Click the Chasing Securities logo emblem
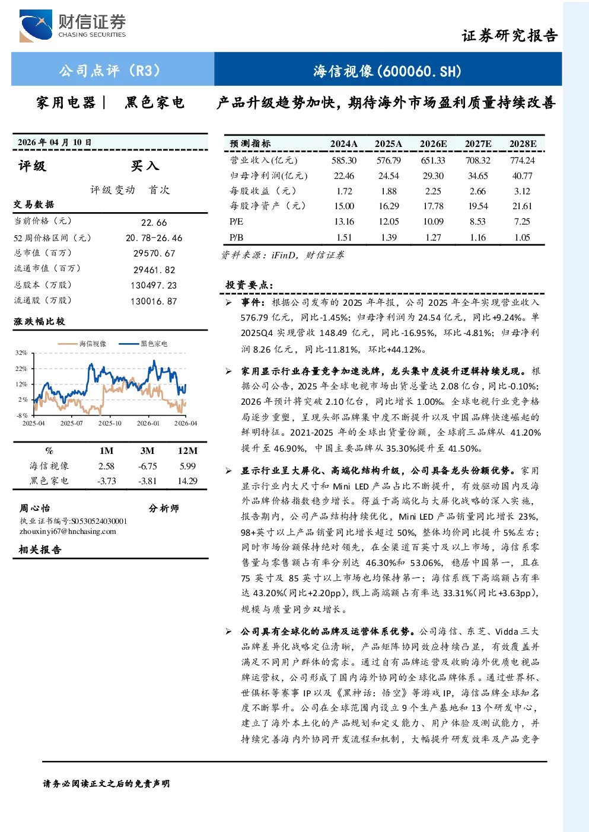point(36,25)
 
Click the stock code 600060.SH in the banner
point(419,71)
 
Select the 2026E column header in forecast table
point(433,144)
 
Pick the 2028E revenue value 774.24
point(522,161)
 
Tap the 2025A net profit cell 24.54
point(389,175)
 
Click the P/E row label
point(236,222)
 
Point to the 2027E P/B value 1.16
point(477,238)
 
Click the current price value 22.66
point(154,222)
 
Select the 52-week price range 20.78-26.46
point(154,238)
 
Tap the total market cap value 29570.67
point(154,253)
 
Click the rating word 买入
point(145,166)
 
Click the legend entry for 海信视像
point(82,344)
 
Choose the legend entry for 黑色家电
point(143,344)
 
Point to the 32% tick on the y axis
point(21,353)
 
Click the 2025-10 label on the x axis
point(110,423)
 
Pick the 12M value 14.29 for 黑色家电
point(187,481)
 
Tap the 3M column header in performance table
point(147,450)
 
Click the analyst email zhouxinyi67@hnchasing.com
point(68,532)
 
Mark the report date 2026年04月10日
point(55,142)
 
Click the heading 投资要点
point(249,285)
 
